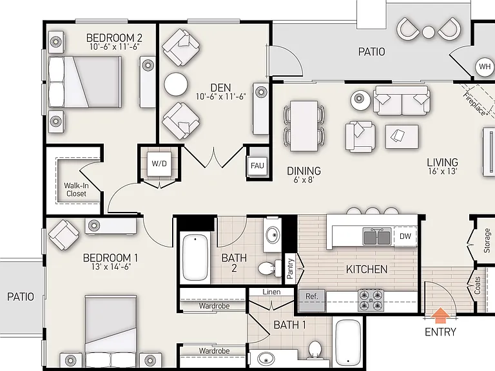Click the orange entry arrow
(441, 316)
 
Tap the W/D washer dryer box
(159, 164)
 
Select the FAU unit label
(257, 166)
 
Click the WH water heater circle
(485, 66)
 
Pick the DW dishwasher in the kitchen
(405, 236)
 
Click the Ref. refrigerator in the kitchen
(312, 300)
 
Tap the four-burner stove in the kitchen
(371, 300)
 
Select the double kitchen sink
(377, 236)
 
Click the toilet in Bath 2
(270, 268)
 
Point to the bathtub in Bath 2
(195, 258)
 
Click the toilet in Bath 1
(315, 350)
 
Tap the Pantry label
(291, 269)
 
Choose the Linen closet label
(271, 292)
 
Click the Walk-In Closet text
(77, 189)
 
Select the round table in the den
(176, 84)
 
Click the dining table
(304, 126)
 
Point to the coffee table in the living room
(402, 137)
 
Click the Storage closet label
(487, 241)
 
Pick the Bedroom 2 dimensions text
(114, 46)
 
